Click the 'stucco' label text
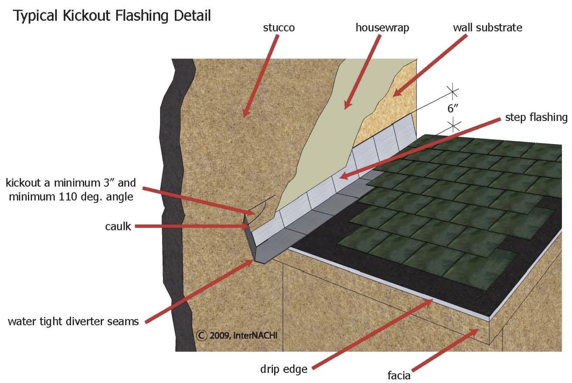(x=279, y=28)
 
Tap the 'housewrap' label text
(x=382, y=28)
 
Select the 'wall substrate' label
(x=487, y=28)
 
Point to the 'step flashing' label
(x=536, y=117)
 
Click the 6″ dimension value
(x=452, y=108)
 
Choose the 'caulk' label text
(x=118, y=227)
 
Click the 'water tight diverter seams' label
(x=73, y=321)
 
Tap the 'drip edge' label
(x=284, y=369)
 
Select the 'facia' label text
(x=399, y=376)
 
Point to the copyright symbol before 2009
(x=201, y=335)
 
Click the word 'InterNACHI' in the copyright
(x=255, y=335)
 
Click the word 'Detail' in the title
(x=192, y=16)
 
